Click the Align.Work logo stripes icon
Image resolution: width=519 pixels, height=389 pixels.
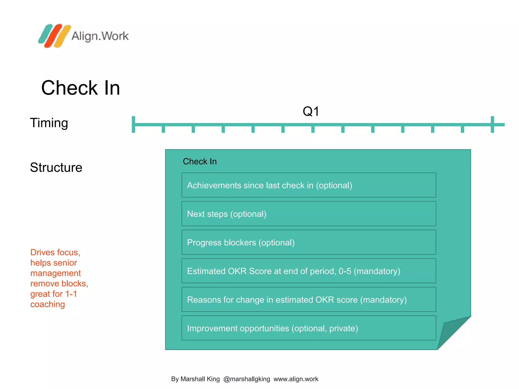(54, 36)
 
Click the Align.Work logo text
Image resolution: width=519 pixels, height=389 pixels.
(100, 36)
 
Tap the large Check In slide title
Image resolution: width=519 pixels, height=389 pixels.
(81, 88)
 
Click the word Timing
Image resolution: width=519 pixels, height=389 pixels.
(49, 123)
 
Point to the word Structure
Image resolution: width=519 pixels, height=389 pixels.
(56, 167)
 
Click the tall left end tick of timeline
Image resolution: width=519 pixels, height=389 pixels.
(134, 124)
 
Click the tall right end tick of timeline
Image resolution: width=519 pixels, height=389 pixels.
(492, 124)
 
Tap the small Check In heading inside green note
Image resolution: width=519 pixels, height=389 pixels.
(200, 162)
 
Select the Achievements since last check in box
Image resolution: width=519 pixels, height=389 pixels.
(309, 185)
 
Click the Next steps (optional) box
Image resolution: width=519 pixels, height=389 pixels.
(309, 214)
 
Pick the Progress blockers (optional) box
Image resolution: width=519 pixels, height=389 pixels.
(309, 242)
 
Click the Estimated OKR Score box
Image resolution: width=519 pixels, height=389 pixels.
(309, 271)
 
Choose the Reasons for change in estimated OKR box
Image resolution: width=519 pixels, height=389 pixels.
(309, 300)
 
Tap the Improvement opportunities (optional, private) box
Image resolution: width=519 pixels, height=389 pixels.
(309, 328)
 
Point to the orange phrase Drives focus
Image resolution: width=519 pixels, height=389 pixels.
(55, 252)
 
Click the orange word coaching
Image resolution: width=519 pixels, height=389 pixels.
(48, 304)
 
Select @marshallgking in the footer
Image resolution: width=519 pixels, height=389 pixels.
(247, 379)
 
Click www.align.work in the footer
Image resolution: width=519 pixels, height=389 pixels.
(296, 379)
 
